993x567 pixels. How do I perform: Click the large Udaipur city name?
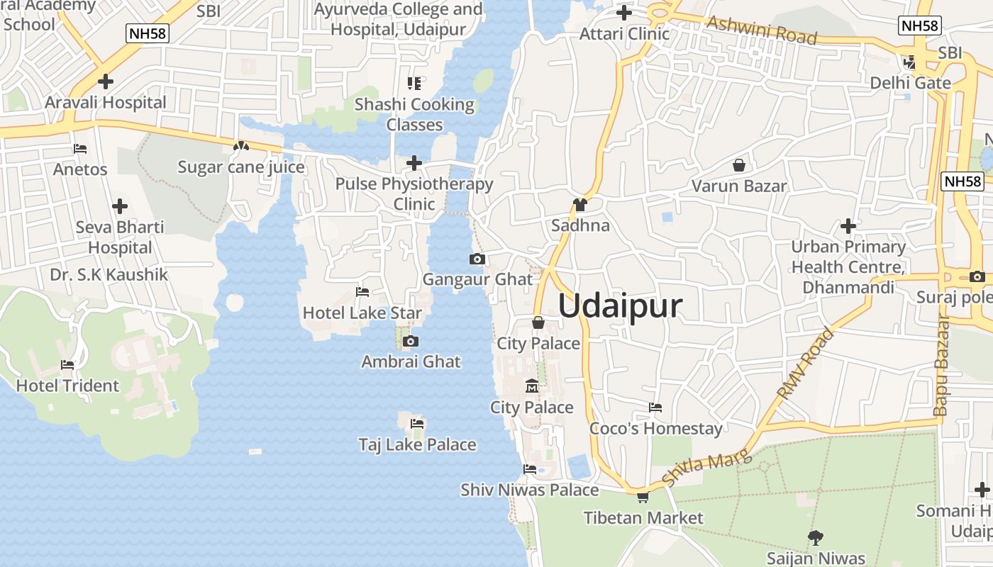621,306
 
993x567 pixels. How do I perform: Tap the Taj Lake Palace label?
417,444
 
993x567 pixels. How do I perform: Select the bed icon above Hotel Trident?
67,365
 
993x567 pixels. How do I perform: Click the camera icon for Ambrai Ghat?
410,342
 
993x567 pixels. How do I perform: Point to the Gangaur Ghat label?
477,279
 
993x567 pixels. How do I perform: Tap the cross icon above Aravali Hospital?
106,82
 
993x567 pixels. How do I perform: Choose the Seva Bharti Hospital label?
120,237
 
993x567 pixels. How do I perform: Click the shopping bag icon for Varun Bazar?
739,165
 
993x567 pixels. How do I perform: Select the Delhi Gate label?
911,83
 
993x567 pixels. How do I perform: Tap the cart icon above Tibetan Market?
643,498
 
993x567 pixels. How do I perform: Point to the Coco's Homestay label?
656,429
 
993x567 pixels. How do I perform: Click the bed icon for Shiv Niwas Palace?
530,468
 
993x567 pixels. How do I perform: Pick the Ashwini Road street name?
762,30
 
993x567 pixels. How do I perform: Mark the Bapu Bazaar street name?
941,365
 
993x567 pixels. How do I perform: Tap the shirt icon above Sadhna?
580,205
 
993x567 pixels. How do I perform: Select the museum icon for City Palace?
532,386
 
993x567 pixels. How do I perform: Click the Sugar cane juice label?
241,167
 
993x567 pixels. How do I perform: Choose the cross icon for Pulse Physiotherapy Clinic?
414,164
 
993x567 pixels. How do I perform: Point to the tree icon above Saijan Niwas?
816,537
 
